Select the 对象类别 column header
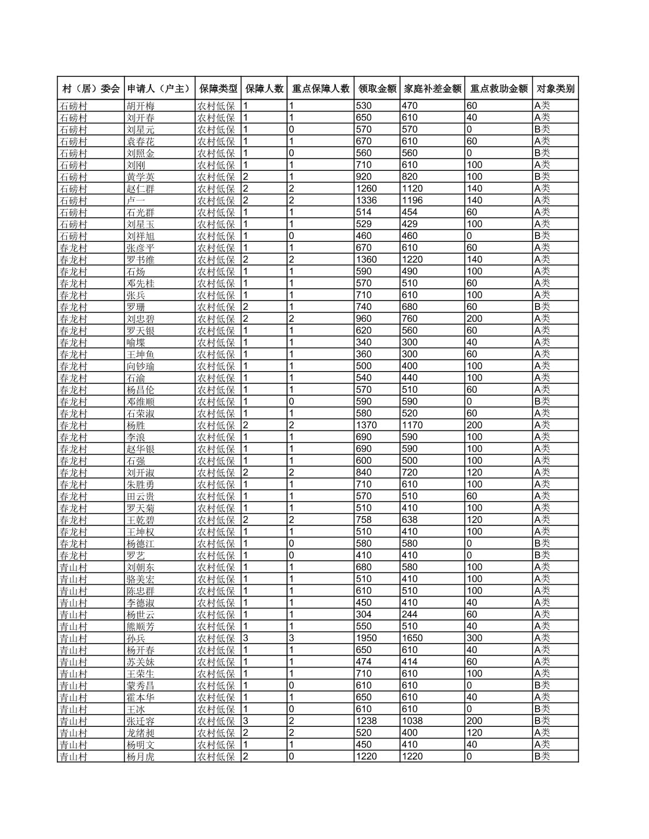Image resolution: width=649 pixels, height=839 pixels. coord(554,89)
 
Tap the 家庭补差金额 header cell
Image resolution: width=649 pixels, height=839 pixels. coord(432,89)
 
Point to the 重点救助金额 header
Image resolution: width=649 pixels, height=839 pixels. coord(498,89)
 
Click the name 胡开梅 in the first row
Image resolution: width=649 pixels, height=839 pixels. coord(141,106)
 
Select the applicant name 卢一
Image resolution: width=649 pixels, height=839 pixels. coord(136,201)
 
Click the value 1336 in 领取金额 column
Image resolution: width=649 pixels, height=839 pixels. coord(366,201)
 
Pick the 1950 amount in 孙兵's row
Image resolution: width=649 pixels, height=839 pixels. coord(366,638)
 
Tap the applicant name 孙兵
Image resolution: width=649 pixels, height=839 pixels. coord(136,638)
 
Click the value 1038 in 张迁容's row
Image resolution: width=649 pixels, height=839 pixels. coord(413,721)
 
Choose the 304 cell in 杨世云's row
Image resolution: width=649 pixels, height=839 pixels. coord(364,615)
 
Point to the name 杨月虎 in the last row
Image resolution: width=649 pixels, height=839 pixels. coord(141,757)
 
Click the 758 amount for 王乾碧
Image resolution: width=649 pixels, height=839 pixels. coord(364,520)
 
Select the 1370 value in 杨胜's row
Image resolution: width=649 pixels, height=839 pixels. coord(366,425)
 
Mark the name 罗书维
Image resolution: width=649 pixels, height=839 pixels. coord(141,260)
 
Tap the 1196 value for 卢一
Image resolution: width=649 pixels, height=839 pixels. coord(413,201)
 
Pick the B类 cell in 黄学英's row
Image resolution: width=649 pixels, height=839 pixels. coord(542,177)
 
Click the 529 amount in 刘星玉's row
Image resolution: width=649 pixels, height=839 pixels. coord(364,224)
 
